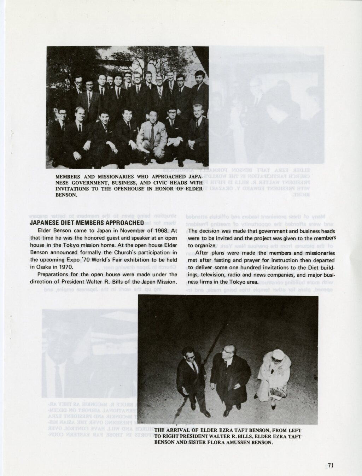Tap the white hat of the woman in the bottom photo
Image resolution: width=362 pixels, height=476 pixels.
click(x=278, y=354)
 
